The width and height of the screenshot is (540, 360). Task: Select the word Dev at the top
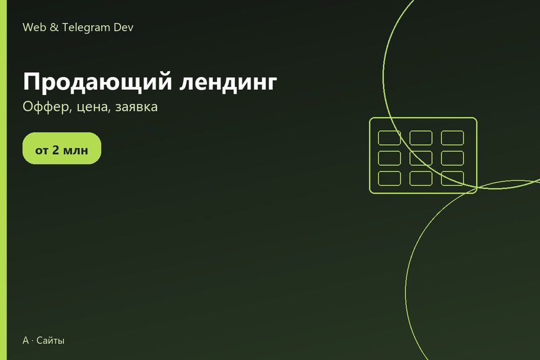(123, 27)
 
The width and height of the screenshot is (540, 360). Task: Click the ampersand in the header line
(54, 27)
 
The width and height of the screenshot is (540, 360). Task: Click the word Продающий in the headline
(97, 82)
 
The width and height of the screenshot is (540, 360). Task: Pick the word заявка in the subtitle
(137, 107)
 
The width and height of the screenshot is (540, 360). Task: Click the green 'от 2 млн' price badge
(62, 148)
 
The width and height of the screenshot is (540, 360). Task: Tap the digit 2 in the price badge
(56, 150)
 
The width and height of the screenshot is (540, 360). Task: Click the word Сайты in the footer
(50, 341)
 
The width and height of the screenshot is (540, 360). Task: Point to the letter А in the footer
(26, 341)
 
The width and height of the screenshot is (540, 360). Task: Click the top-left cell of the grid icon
(389, 138)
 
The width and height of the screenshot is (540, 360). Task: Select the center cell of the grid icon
(421, 158)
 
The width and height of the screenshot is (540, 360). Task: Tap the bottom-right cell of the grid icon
(453, 178)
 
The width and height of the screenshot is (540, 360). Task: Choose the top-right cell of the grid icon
(453, 138)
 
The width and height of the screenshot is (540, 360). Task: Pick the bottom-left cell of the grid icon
(389, 178)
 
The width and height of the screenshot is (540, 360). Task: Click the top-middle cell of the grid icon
(421, 138)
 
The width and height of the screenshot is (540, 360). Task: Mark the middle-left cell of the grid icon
(389, 158)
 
